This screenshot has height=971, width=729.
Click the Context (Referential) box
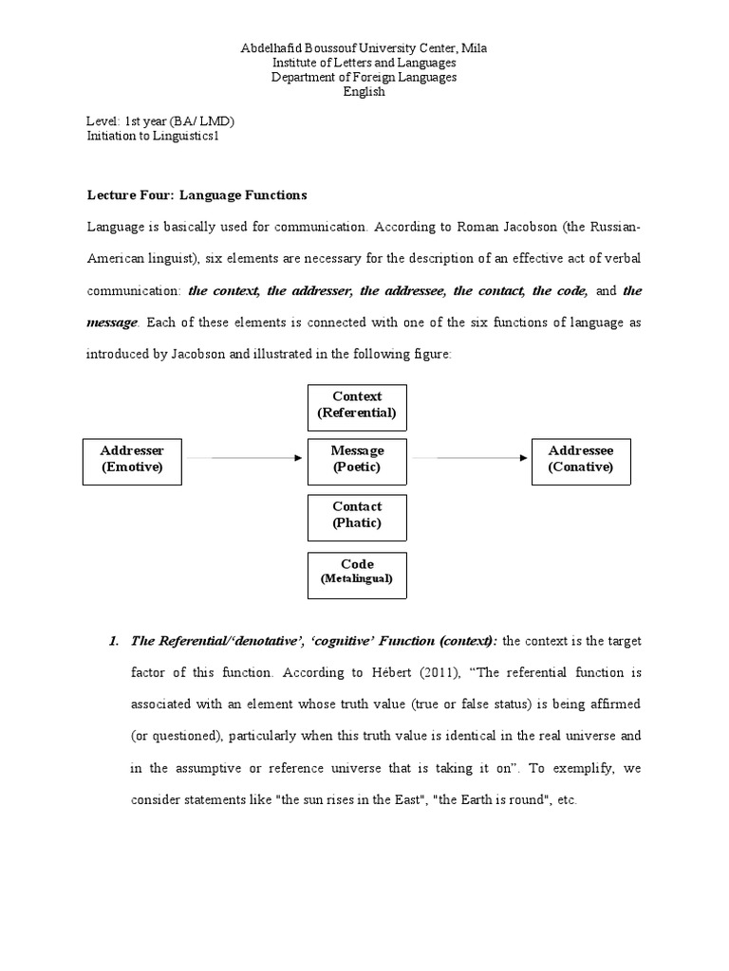(357, 406)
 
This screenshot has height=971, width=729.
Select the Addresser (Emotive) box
(132, 459)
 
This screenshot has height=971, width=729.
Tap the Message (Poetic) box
(357, 459)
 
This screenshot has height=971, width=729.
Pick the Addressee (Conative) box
(581, 459)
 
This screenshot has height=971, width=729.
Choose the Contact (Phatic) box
(357, 515)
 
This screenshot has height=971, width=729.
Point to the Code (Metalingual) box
(357, 572)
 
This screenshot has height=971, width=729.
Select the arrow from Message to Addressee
(470, 459)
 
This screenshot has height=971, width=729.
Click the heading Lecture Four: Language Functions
(197, 195)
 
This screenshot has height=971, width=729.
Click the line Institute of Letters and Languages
(364, 63)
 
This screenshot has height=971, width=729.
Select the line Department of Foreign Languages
(364, 78)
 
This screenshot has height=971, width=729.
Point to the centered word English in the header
(364, 93)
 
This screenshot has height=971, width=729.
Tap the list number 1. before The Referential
(115, 642)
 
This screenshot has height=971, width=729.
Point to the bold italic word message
(112, 322)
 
